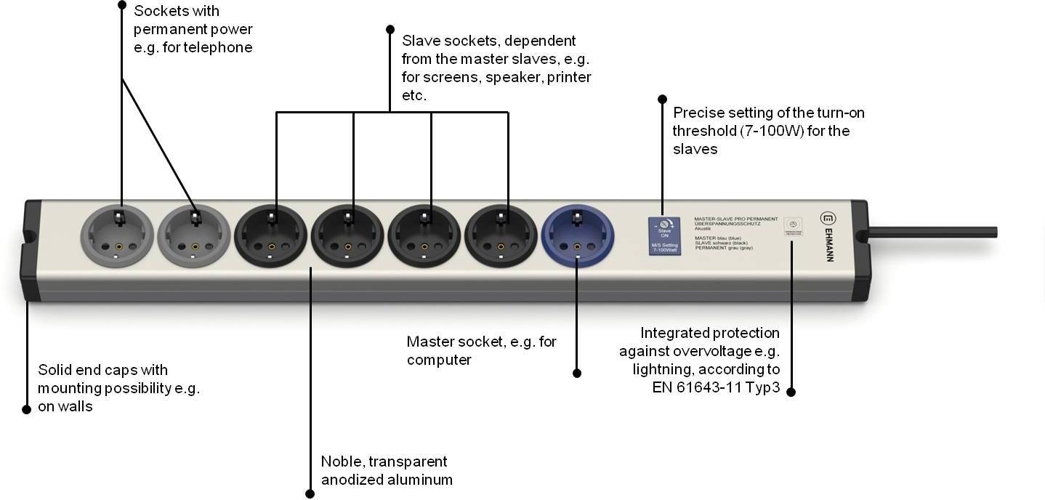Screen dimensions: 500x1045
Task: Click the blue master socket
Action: coord(578,235)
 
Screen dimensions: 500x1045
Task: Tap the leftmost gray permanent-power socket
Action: coord(117,235)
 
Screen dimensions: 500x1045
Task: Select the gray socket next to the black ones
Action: coord(194,235)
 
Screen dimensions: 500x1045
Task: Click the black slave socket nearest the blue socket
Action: coord(501,235)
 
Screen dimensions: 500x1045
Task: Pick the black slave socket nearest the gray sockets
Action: coord(270,235)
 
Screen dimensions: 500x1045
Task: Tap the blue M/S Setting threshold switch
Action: coord(664,237)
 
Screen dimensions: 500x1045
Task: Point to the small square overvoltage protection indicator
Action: coord(793,227)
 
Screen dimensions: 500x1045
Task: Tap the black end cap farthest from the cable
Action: coord(30,249)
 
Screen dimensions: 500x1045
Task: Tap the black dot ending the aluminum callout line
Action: coord(310,493)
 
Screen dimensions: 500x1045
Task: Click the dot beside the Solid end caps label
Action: coord(27,409)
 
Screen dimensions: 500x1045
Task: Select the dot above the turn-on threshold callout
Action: coord(662,99)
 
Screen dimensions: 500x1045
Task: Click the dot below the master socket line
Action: coord(577,373)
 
